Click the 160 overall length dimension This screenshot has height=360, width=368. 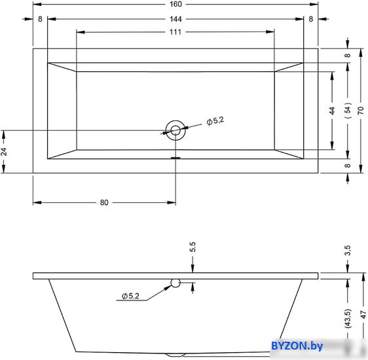tap(175, 4)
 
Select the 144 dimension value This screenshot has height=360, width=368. tap(175, 19)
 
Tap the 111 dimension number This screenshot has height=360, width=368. tap(175, 31)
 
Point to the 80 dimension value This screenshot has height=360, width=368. tap(104, 202)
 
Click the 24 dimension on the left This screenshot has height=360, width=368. tap(4, 152)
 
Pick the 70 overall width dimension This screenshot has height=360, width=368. tap(361, 110)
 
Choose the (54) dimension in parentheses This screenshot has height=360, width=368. tap(348, 110)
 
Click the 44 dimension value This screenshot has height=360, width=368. tap(332, 111)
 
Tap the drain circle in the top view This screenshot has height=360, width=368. tap(175, 130)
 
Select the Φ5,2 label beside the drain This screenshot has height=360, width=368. tap(215, 121)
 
